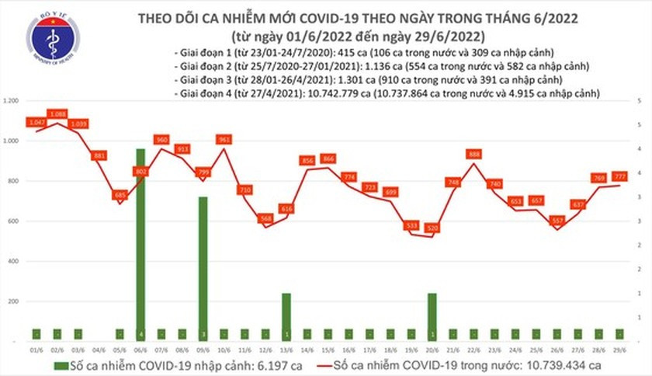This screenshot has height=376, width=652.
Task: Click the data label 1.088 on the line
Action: point(57,114)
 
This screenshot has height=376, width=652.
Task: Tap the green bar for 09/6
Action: point(202,268)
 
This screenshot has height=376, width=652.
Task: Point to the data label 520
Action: point(432,228)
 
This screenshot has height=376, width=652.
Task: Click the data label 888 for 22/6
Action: point(474,154)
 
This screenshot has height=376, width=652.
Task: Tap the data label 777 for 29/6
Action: point(620,176)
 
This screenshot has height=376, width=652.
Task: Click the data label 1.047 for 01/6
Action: point(36,123)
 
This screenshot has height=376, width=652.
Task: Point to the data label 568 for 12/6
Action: point(265,218)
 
